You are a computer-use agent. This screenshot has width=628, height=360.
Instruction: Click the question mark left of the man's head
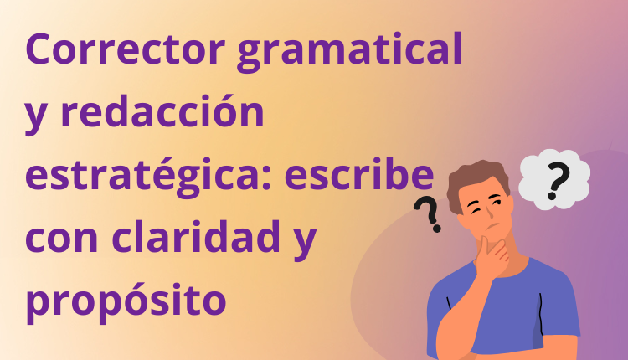(430, 214)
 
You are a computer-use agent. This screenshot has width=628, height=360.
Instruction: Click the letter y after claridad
(302, 241)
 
